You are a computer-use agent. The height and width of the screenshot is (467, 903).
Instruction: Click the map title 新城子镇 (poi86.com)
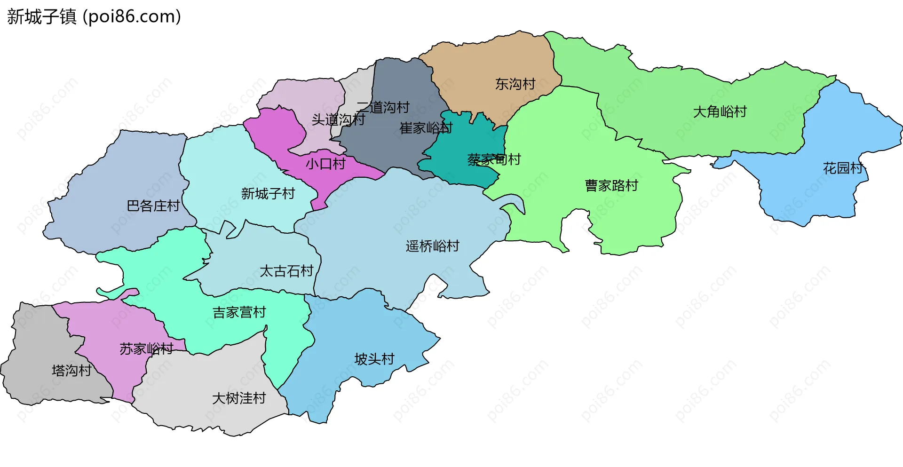(x=94, y=17)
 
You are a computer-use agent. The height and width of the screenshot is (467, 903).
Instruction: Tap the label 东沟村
(x=515, y=84)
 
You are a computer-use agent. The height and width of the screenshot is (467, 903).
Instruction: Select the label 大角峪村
(x=720, y=112)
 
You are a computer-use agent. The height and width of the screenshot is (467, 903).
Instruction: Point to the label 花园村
(x=843, y=168)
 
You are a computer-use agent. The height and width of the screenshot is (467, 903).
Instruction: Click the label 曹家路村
(x=611, y=186)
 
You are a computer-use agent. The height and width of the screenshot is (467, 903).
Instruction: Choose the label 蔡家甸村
(x=494, y=160)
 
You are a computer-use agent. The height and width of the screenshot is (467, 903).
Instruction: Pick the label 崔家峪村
(x=426, y=128)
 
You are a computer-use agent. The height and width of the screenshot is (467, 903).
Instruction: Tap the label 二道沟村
(x=383, y=107)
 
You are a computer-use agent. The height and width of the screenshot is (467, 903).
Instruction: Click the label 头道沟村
(x=338, y=120)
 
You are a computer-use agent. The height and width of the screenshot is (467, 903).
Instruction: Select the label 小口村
(x=325, y=164)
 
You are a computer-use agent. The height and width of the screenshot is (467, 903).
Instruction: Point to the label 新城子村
(x=268, y=194)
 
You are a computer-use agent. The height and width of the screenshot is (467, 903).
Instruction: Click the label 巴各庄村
(x=153, y=206)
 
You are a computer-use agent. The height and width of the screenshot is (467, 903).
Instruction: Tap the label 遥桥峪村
(x=432, y=246)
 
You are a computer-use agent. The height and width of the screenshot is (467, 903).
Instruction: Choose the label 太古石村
(x=286, y=271)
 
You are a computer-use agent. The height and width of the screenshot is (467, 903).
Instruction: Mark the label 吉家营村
(x=239, y=312)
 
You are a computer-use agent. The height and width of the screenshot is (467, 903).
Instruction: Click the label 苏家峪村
(x=146, y=349)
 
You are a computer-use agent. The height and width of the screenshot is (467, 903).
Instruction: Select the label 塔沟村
(x=71, y=371)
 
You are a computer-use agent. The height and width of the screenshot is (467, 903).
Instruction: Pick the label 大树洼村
(x=239, y=399)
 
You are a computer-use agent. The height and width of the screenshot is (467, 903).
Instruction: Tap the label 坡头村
(x=374, y=359)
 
